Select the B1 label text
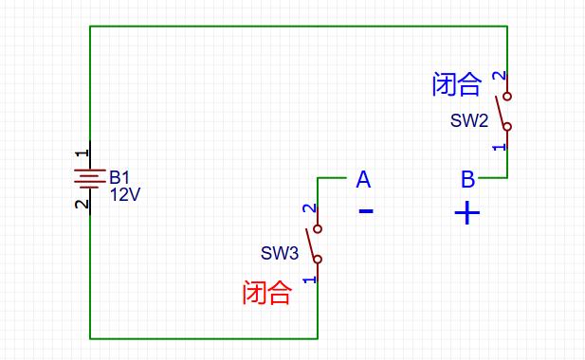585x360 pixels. point(119,177)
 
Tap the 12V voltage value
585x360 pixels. point(125,194)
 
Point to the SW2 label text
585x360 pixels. point(469,121)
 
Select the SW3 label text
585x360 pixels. point(280,254)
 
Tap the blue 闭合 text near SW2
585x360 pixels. point(456,85)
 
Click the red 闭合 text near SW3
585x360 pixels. point(266,293)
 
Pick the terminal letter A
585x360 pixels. point(363,179)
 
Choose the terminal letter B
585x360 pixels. point(467,179)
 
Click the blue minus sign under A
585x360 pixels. point(366,211)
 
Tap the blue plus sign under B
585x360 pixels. point(467,212)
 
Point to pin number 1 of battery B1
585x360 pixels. point(82,152)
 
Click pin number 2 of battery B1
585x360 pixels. point(82,203)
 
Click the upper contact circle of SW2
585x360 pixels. point(507,96)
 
